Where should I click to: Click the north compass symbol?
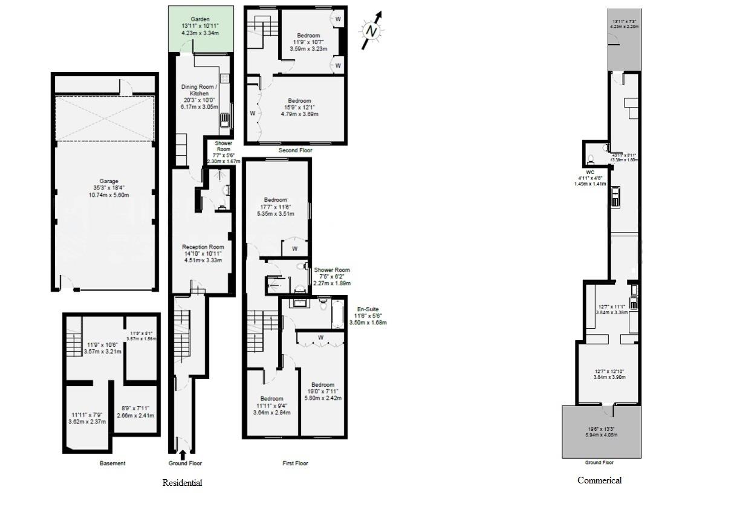click(371, 30)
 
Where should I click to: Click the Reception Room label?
click(203, 247)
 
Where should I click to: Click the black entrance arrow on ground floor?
click(183, 454)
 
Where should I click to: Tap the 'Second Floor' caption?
click(295, 150)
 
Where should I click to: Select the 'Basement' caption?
click(112, 463)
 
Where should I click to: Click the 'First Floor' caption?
click(295, 463)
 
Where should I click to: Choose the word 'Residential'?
click(182, 483)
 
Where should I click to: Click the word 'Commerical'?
click(599, 480)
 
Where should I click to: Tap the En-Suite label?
click(368, 309)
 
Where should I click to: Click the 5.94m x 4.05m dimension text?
click(601, 434)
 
